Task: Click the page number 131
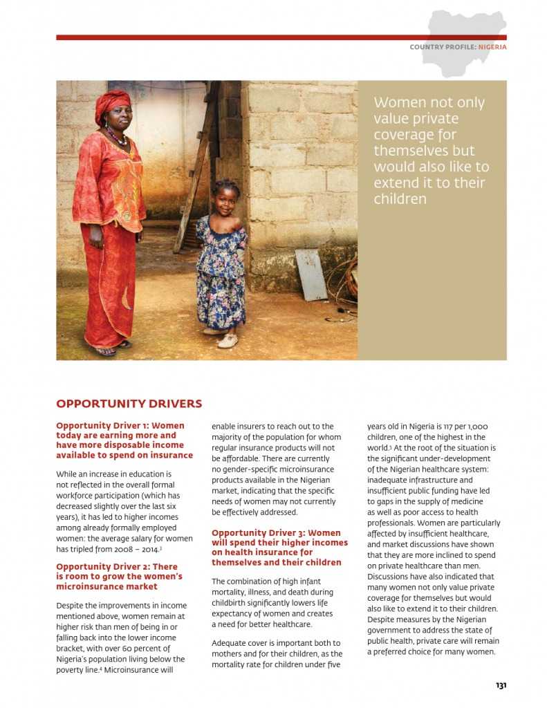click(x=501, y=685)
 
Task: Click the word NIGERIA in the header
click(x=492, y=47)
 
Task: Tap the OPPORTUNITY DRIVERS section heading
click(x=129, y=404)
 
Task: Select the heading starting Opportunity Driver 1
click(x=124, y=440)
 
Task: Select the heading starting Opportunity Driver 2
click(x=119, y=577)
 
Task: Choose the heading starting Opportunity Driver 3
click(x=276, y=548)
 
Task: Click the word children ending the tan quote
click(x=400, y=199)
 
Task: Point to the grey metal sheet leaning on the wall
click(x=311, y=274)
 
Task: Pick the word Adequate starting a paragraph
click(x=229, y=643)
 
